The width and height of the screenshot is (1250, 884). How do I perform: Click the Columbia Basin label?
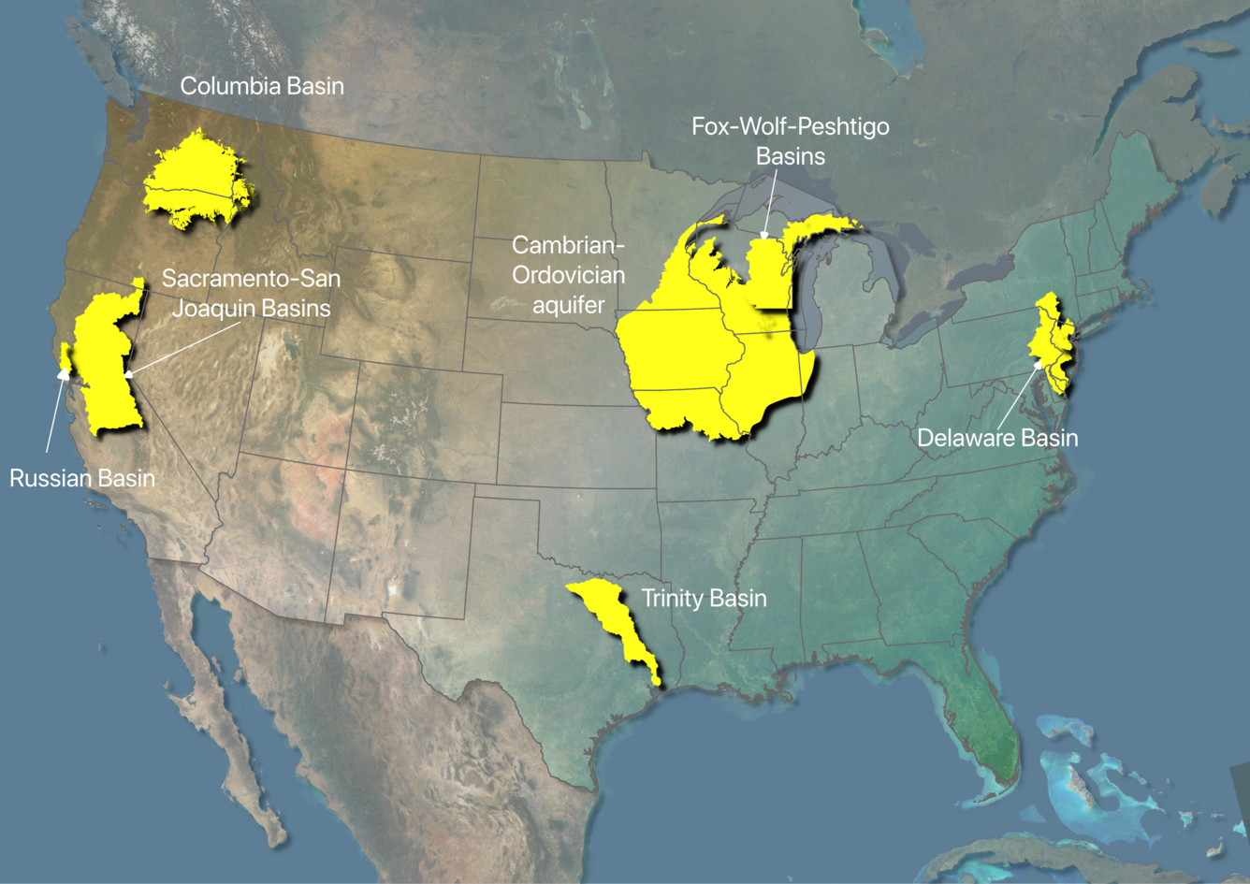[x=262, y=86]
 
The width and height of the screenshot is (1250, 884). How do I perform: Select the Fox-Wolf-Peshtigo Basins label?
[x=791, y=140]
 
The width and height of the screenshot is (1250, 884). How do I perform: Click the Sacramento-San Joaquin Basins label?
[x=251, y=293]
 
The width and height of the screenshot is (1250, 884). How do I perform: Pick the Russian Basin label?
[x=82, y=478]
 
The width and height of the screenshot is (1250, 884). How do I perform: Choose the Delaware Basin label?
[x=997, y=438]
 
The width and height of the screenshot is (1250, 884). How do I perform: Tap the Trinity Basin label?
[x=704, y=599]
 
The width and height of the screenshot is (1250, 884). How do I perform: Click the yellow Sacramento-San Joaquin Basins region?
[x=105, y=365]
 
